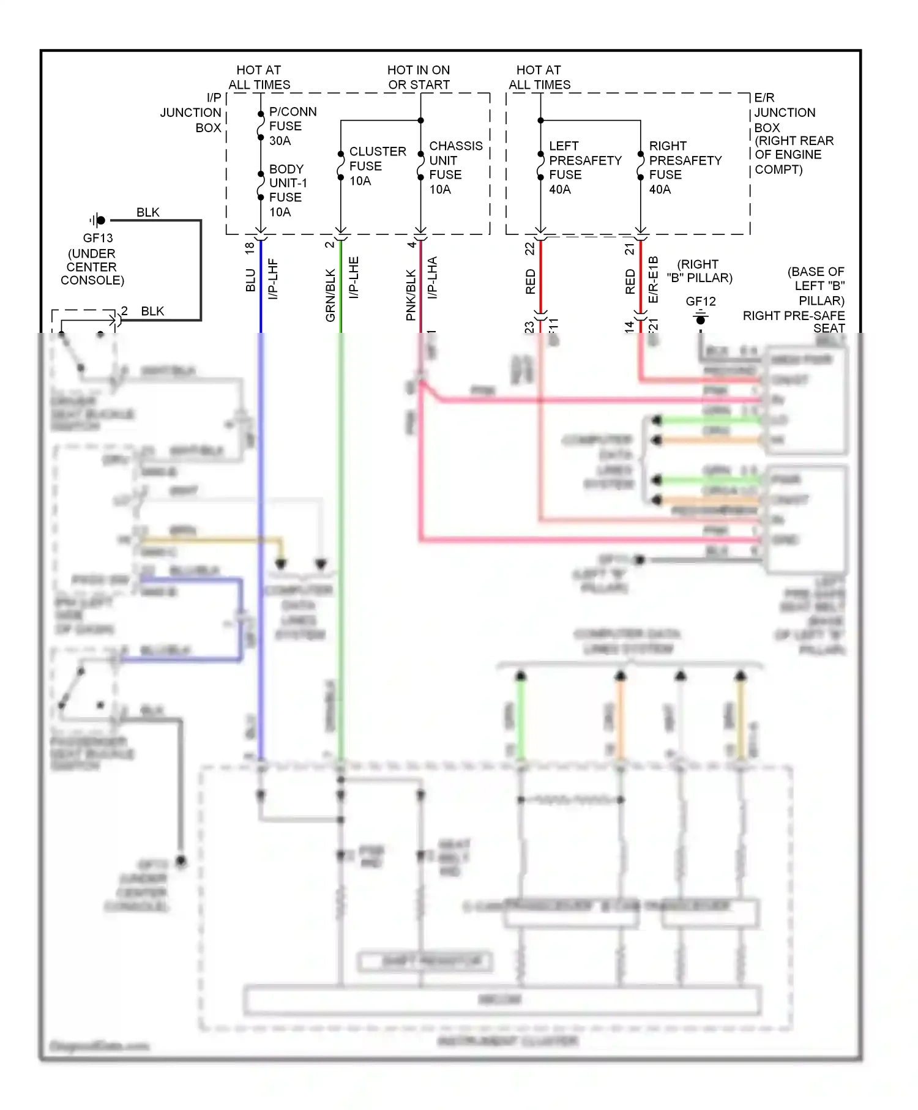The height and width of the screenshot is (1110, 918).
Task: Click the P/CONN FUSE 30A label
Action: pyautogui.click(x=293, y=126)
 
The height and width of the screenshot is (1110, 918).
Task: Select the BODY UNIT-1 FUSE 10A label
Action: pyautogui.click(x=288, y=190)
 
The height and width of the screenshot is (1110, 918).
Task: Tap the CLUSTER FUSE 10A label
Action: pyautogui.click(x=376, y=166)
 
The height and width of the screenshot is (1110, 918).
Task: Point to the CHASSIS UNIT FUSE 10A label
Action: pyautogui.click(x=455, y=167)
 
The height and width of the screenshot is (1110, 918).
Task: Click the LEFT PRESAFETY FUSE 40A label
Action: pyautogui.click(x=584, y=167)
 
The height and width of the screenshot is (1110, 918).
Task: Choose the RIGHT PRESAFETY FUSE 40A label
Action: pyautogui.click(x=684, y=167)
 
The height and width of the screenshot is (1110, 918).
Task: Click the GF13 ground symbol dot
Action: pyautogui.click(x=101, y=220)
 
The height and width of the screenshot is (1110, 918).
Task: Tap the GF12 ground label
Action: pyautogui.click(x=700, y=301)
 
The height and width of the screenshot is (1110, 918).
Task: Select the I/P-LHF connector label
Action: pyautogui.click(x=274, y=278)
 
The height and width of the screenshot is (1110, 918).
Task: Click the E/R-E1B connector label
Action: pyautogui.click(x=653, y=279)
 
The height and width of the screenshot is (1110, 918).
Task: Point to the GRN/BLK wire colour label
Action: pyautogui.click(x=330, y=295)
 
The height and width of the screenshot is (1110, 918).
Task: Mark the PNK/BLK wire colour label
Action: pyautogui.click(x=411, y=295)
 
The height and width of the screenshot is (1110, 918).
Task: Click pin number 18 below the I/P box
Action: pyautogui.click(x=250, y=248)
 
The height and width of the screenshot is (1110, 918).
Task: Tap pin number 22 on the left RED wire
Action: pyautogui.click(x=529, y=248)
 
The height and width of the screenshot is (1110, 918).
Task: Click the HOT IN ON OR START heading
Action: pyautogui.click(x=419, y=77)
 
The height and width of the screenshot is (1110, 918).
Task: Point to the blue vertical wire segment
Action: pyautogui.click(x=261, y=288)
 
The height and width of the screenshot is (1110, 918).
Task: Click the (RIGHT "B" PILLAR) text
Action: pyautogui.click(x=699, y=271)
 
